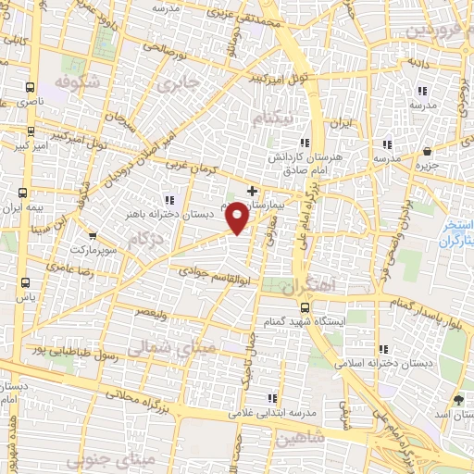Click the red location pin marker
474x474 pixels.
point(238,217)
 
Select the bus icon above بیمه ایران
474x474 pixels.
point(23,193)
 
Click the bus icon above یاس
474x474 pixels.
point(24,282)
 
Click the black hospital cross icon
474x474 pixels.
point(253,190)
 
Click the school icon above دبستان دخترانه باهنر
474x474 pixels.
point(168,199)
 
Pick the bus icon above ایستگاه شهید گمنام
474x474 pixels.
point(302,306)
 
